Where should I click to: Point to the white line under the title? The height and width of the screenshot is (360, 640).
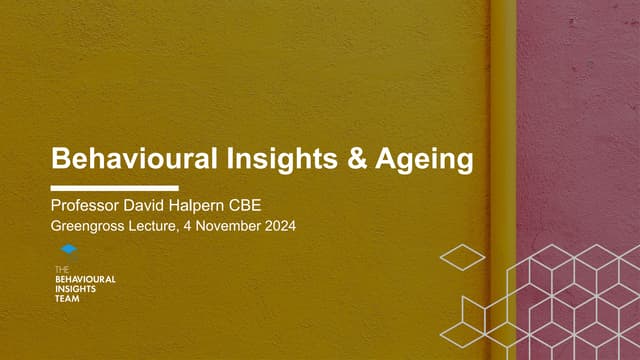[x=114, y=188]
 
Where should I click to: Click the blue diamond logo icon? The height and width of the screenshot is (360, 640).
[x=68, y=250]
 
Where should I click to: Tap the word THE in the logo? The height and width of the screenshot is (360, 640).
[x=62, y=270]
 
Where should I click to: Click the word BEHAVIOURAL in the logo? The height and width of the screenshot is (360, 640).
[x=85, y=279]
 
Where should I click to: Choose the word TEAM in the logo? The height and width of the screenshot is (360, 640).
[x=66, y=298]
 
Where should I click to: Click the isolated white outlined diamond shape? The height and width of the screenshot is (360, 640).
[x=462, y=258]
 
